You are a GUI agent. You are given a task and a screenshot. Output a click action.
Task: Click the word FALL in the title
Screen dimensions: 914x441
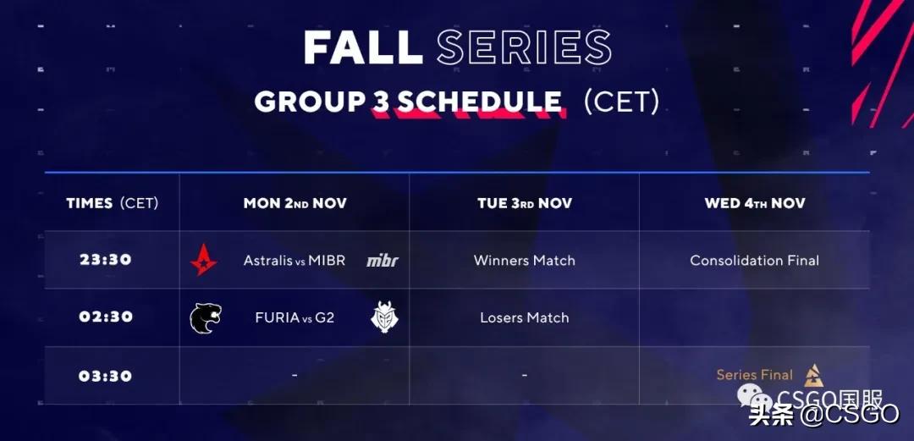[363, 47]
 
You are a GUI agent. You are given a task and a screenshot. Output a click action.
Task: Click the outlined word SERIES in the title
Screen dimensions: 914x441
[524, 47]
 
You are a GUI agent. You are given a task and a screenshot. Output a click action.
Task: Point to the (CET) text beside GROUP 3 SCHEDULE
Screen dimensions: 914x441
[621, 102]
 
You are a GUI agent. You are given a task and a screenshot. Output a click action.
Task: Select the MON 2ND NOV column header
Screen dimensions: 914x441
[295, 203]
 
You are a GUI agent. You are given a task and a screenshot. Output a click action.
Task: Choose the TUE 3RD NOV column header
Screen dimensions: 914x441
[525, 203]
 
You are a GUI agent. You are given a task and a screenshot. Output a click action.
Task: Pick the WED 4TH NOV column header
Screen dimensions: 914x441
[755, 203]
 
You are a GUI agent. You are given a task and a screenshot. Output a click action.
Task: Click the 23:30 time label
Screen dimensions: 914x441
[106, 260]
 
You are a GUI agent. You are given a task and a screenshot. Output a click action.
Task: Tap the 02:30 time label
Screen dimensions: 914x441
[106, 317]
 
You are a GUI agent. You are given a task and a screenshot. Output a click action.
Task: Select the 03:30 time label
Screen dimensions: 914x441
[106, 376]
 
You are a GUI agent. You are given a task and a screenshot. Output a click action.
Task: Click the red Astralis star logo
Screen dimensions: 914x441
[204, 260]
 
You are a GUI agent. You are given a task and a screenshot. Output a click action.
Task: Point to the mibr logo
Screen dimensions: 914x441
[383, 261]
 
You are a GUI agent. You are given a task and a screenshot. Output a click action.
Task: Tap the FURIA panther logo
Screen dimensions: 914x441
[206, 318]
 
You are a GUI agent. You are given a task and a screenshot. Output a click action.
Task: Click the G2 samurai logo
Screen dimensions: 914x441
[385, 317]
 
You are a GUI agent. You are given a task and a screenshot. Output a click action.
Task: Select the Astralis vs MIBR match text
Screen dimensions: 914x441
[295, 260]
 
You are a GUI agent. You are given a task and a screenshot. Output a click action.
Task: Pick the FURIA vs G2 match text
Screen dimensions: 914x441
[295, 317]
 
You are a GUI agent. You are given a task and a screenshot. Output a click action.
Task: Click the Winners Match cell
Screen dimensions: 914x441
[525, 260]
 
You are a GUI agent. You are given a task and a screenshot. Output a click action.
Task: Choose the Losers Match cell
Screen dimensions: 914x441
[525, 317]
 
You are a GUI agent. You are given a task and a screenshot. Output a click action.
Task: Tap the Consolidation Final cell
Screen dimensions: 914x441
[755, 260]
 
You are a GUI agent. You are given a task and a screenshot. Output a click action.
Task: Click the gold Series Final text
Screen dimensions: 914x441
[755, 374]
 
